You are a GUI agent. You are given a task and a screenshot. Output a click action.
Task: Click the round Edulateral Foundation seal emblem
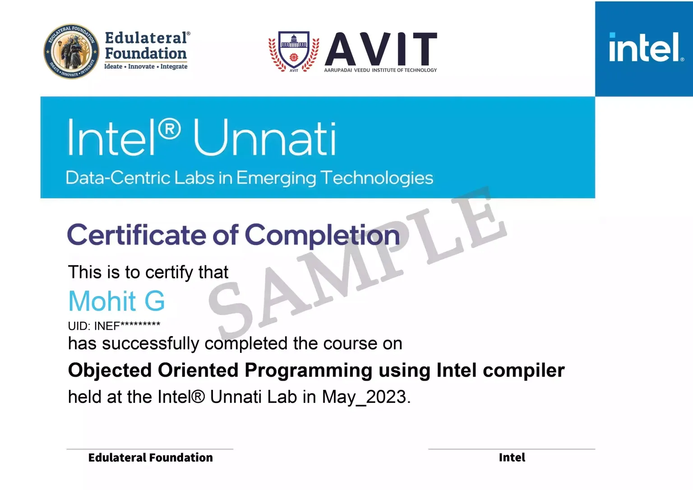(x=72, y=51)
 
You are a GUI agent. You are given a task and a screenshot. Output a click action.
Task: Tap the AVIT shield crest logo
(x=294, y=51)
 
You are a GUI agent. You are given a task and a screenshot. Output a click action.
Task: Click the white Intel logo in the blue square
(x=644, y=47)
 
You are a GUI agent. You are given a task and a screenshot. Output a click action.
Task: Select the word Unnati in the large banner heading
(x=265, y=138)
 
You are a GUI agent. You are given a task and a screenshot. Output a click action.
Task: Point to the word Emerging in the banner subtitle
(x=276, y=178)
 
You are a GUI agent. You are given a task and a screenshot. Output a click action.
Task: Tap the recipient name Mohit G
(x=116, y=301)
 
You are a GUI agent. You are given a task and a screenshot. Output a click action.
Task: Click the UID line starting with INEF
(x=114, y=326)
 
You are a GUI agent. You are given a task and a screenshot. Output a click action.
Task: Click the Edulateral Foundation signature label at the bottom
(x=150, y=458)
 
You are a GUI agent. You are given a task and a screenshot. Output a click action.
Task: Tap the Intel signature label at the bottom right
(x=512, y=458)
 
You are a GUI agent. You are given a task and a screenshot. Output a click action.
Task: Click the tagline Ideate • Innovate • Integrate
(x=146, y=66)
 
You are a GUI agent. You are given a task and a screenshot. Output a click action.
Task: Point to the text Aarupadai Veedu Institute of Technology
(x=380, y=70)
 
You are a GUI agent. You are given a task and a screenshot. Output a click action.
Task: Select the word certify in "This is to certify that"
(x=169, y=273)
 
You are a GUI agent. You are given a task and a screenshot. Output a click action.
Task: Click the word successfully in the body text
(x=151, y=344)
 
